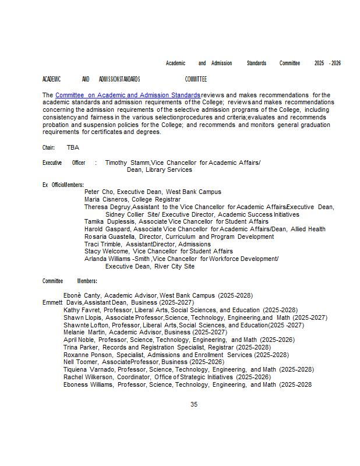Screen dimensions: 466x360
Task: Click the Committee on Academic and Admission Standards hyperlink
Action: point(128,95)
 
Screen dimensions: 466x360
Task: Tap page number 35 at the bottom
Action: point(194,404)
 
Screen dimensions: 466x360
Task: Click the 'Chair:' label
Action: point(48,148)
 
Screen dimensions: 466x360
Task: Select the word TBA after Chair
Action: point(73,148)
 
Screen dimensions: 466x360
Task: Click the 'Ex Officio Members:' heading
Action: point(63,185)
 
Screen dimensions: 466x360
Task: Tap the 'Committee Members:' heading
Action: point(69,281)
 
